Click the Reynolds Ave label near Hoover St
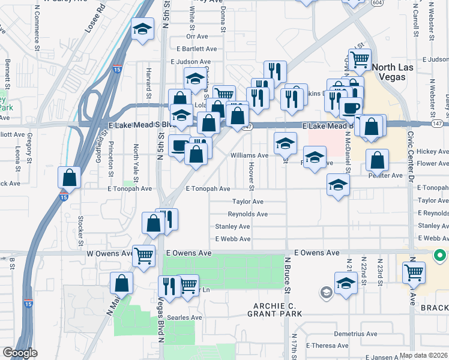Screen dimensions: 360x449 [247, 214]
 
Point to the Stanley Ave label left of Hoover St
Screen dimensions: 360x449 [232, 226]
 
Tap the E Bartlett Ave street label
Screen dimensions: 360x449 [193, 49]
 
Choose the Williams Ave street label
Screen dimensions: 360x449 [249, 155]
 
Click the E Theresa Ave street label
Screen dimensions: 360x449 [327, 346]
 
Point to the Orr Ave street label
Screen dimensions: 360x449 [197, 36]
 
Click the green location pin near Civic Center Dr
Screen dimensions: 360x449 [440, 256]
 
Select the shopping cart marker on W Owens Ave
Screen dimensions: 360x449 [143, 256]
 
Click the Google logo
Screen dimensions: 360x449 [20, 353]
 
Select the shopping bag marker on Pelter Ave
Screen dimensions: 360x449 [377, 160]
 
